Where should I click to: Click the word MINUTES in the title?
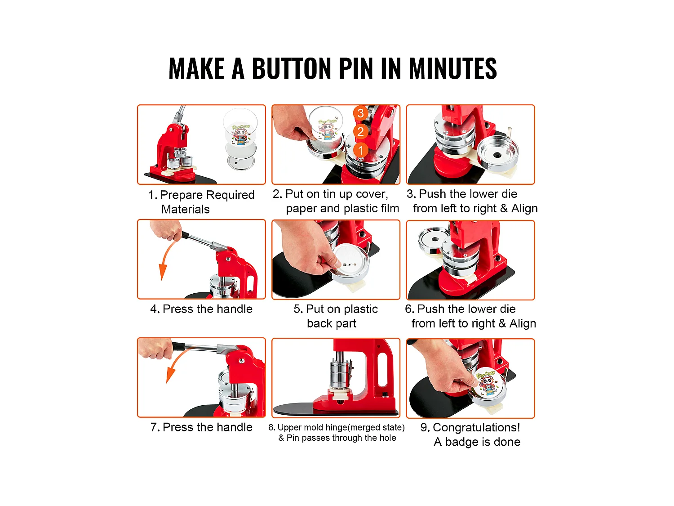tap(452, 69)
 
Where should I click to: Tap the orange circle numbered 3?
tap(360, 113)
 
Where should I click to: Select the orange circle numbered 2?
tap(360, 132)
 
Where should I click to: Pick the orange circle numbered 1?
tap(360, 150)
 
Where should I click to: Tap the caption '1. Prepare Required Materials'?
tap(201, 202)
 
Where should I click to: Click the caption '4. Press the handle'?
tap(201, 309)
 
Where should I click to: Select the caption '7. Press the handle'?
tap(201, 427)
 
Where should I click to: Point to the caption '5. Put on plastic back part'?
tap(335, 316)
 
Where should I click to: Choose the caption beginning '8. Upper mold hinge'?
tap(337, 433)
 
